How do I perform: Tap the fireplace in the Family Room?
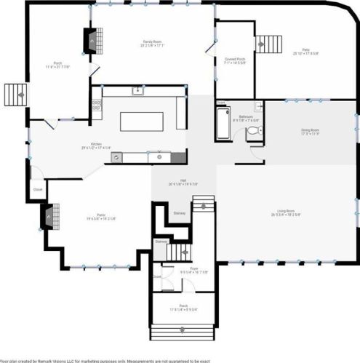pos(91,41)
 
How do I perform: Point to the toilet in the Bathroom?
pos(252,132)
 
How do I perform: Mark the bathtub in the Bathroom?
pos(221,124)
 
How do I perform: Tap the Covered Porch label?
pos(234,61)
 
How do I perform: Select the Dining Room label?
pos(311,131)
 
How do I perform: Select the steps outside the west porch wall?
pos(15,95)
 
